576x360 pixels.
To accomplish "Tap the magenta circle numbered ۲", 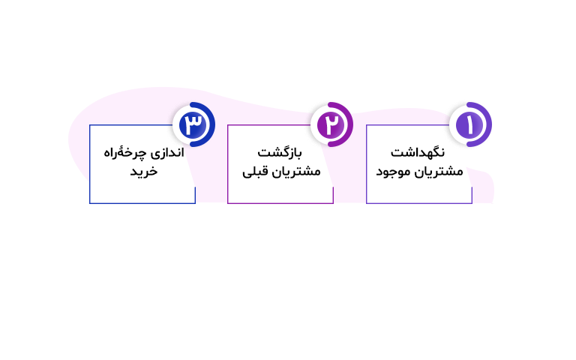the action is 331,124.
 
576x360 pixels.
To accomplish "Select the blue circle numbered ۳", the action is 193,124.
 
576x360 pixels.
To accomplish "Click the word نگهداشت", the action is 418,152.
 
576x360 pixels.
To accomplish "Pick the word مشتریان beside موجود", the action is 436,172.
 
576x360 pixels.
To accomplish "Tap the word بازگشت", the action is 280,152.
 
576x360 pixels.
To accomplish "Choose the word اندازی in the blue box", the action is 167,152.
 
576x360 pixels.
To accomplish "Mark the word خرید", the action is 144,172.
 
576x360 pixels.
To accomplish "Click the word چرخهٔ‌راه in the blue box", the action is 125,152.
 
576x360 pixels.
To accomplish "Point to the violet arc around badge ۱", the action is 485,124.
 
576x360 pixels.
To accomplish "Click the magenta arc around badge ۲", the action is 346,124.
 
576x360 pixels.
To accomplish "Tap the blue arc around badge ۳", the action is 208,124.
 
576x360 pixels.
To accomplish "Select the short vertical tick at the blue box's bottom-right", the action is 195,195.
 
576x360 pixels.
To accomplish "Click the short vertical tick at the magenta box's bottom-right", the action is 333,195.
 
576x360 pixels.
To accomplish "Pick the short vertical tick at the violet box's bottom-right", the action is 472,195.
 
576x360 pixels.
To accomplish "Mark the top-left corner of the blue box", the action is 90,125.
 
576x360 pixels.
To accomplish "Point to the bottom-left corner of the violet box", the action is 367,203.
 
